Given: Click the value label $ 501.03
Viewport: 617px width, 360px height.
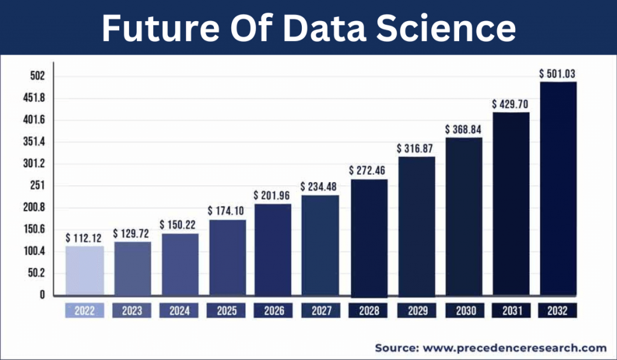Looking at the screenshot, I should [x=557, y=74].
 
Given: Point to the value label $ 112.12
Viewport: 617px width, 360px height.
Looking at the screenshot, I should [x=84, y=237].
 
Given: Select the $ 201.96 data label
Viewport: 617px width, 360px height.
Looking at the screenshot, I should [x=273, y=195].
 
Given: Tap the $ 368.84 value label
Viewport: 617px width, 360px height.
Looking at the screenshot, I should [x=465, y=129].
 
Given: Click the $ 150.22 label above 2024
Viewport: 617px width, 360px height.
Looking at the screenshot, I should [x=180, y=224].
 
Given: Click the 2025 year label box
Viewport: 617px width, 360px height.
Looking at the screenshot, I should [x=227, y=311].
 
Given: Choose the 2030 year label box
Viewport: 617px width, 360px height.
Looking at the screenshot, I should [x=465, y=311].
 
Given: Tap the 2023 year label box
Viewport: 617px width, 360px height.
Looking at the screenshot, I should [x=132, y=311].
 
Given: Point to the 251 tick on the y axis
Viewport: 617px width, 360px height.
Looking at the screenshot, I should [x=38, y=186].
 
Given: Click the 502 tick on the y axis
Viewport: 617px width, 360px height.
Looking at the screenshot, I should [x=38, y=76].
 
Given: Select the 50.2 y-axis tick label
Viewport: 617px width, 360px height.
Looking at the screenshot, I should [x=37, y=273].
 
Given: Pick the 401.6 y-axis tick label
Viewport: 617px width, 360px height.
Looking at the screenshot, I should [x=36, y=120].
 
